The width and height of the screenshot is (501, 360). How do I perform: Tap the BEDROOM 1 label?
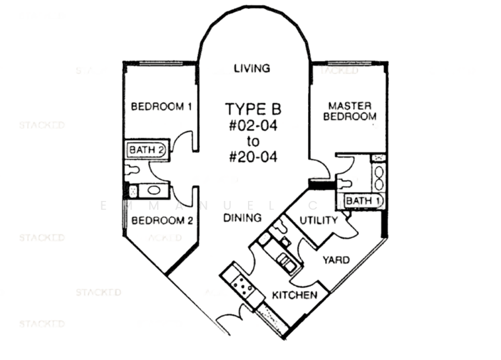point(161,107)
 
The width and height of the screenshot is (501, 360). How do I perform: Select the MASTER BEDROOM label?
point(350,111)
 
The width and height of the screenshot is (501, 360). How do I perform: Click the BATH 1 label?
point(363,200)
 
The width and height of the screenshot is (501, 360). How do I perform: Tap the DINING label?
point(242,219)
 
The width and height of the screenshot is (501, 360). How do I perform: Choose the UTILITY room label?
point(319,220)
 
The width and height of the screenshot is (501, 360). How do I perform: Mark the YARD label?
point(336,259)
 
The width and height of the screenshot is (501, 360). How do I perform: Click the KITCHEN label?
point(294,294)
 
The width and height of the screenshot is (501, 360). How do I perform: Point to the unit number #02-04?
point(254,125)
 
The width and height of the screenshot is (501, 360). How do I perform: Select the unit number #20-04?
point(254,157)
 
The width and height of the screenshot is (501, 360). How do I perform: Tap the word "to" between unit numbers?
point(253,141)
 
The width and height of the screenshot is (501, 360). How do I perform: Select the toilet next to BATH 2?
point(133,169)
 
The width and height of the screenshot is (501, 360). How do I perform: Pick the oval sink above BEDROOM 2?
point(153,190)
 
